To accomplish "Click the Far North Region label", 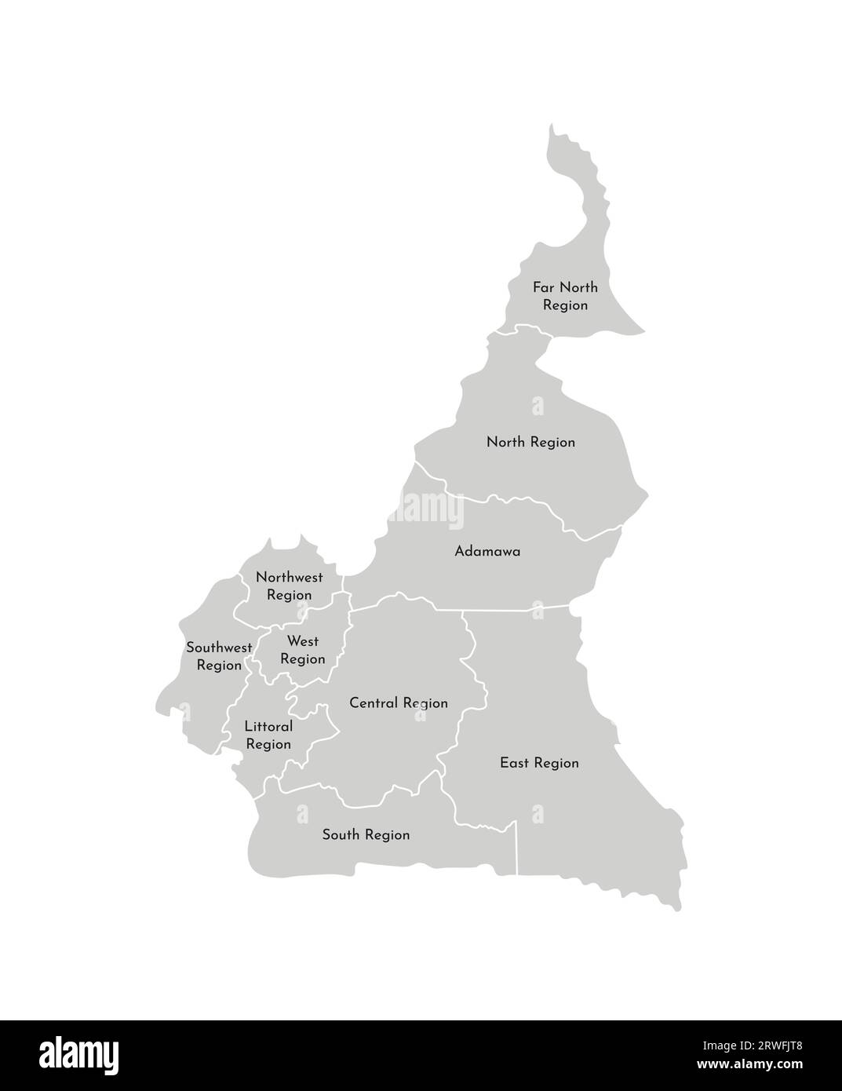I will (565, 296).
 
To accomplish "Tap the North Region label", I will (530, 443).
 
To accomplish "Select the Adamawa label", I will (487, 552).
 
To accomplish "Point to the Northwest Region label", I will (289, 586).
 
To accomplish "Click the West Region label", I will (302, 651).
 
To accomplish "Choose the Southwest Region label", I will (219, 657).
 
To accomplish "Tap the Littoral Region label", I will (268, 735).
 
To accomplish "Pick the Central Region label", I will (399, 703).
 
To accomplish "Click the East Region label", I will (539, 763).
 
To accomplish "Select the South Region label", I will (366, 835).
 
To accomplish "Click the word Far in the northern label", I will (544, 287).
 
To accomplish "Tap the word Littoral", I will (268, 727).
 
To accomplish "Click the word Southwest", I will (219, 648).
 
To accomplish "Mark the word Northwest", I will (289, 578).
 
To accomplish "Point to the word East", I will (514, 763).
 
